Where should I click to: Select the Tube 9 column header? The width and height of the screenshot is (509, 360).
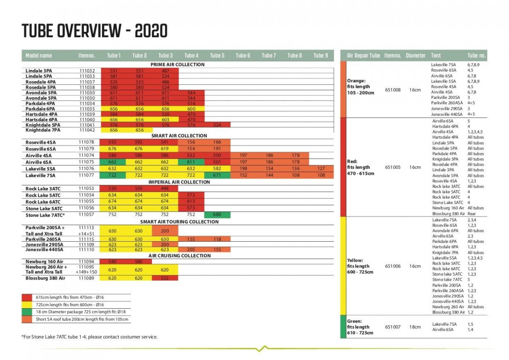click(320, 56)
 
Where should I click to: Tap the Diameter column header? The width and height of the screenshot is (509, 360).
click(415, 56)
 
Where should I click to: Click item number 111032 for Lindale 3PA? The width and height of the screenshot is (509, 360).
click(87, 70)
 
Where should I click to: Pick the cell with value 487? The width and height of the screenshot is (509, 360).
click(165, 70)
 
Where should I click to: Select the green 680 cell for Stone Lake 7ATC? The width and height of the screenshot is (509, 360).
click(217, 215)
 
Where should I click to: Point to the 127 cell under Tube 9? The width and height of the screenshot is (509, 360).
click(321, 168)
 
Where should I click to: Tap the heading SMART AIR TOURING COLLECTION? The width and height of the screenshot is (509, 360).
click(179, 222)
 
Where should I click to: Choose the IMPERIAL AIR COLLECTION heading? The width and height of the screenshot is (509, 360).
click(179, 182)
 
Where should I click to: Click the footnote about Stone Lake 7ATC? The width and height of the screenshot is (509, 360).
click(89, 337)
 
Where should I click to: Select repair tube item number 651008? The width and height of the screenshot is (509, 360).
click(392, 89)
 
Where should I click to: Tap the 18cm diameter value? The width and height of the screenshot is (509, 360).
click(415, 327)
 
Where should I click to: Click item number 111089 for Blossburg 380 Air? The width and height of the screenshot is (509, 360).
click(87, 278)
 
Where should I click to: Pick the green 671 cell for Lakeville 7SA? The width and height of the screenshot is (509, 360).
click(217, 175)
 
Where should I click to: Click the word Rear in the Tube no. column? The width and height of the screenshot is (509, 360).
click(472, 214)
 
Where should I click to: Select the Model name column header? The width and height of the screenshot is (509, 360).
click(39, 56)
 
